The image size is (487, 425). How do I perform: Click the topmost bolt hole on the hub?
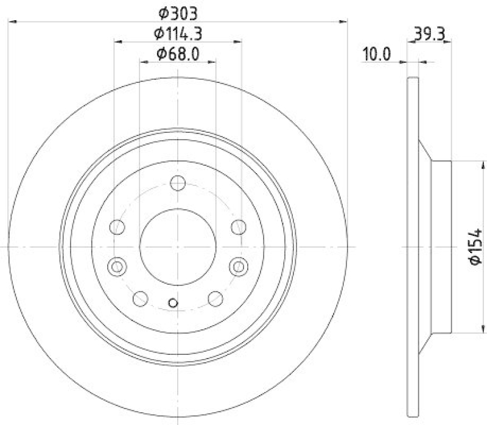click(x=178, y=182)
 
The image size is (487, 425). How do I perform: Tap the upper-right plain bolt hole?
click(x=239, y=227)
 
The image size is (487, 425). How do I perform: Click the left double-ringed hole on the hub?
click(x=116, y=266)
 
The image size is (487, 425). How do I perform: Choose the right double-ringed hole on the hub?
click(x=239, y=266)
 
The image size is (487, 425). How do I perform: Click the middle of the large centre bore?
click(x=178, y=246)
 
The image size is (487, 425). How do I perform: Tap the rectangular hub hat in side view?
click(x=441, y=246)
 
